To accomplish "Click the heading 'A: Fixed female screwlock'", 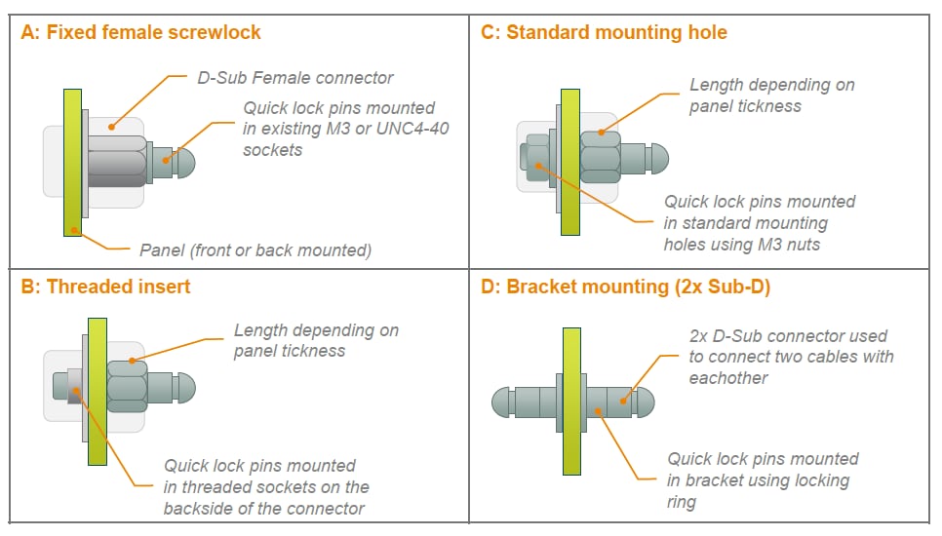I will coord(141,32).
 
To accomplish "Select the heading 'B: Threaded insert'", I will coord(105,286).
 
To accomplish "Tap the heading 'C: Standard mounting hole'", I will coord(604,32).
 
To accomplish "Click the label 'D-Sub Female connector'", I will coord(295,77).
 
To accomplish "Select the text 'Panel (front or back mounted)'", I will coord(255,250).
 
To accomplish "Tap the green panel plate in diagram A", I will coord(72,163).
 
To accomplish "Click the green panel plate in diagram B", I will coord(97,390).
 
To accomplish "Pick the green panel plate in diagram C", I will coord(570,163).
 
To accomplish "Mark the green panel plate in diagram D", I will coord(571,401).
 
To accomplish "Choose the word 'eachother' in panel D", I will coord(728,378).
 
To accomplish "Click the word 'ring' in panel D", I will coord(682,502).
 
